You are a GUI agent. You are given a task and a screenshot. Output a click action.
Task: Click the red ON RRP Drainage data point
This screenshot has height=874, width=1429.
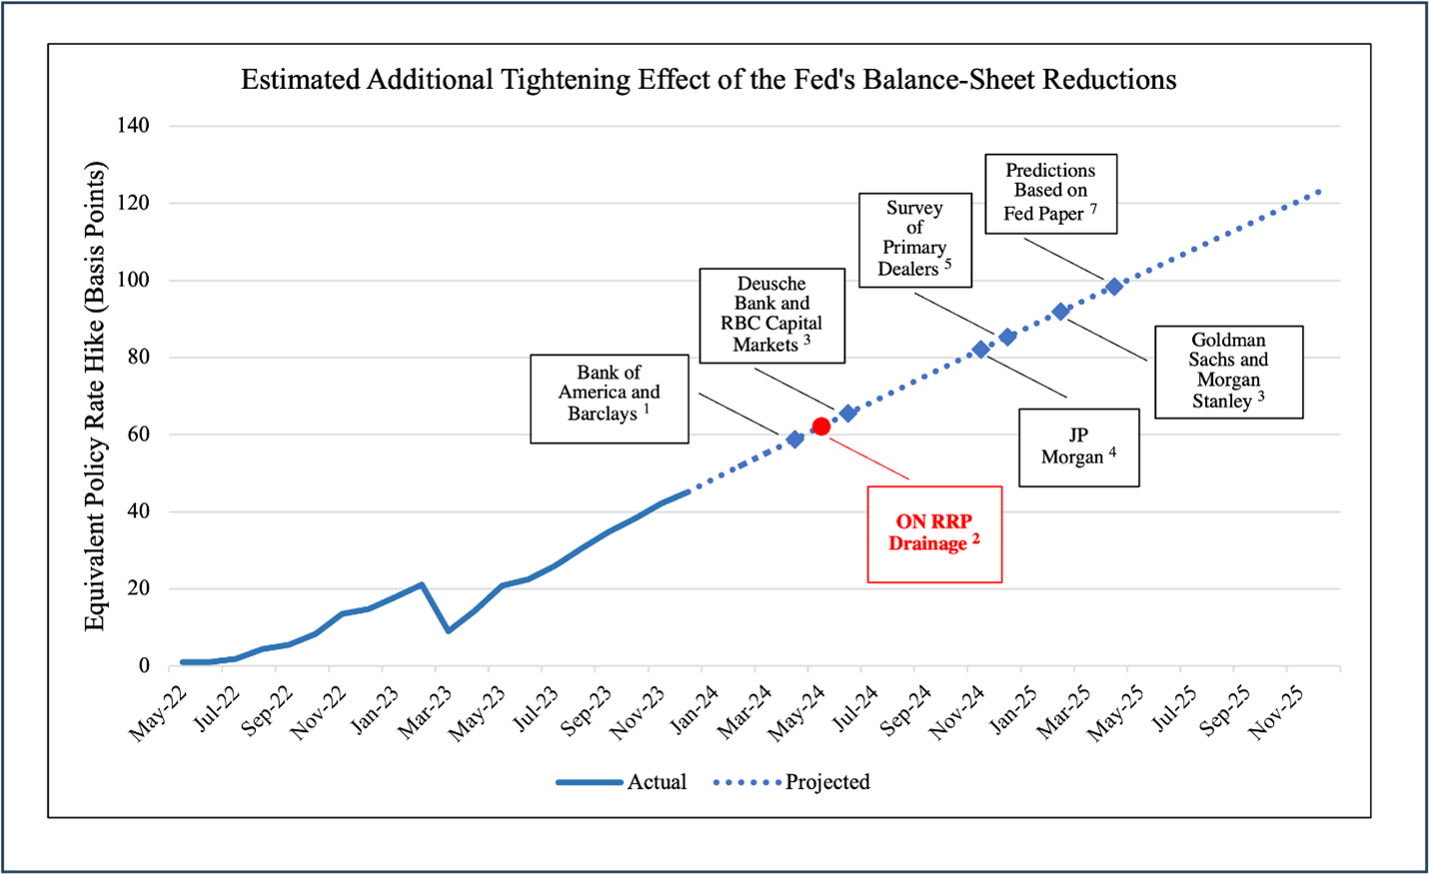click(x=821, y=427)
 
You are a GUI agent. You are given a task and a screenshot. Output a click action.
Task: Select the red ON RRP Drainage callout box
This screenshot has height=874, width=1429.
click(x=934, y=533)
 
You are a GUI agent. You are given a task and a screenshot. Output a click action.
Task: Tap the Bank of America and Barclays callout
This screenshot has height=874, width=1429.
click(x=609, y=398)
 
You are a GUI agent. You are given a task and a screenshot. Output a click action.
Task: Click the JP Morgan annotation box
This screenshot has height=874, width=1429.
click(x=1078, y=446)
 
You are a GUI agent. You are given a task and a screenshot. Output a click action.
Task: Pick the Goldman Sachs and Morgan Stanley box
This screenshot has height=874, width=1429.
click(x=1228, y=371)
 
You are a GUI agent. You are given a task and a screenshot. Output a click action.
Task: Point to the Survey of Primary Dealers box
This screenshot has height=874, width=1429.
click(x=914, y=240)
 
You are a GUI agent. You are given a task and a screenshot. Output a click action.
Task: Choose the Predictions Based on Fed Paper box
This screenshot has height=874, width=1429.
click(x=1050, y=193)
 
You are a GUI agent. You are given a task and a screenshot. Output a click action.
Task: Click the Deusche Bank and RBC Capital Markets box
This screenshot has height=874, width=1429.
click(x=771, y=314)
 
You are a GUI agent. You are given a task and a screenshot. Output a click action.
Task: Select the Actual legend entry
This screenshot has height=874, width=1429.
click(x=624, y=782)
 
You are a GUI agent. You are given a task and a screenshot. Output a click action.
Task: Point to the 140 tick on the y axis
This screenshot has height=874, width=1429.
click(x=133, y=126)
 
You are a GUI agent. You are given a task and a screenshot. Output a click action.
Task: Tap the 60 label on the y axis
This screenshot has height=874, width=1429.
click(x=138, y=435)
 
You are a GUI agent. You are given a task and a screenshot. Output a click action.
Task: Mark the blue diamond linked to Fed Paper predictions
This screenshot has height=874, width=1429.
click(x=1114, y=287)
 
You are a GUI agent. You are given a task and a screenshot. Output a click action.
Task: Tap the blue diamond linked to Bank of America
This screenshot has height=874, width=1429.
click(x=795, y=438)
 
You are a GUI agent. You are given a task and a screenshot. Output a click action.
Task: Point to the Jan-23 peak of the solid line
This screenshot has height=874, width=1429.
click(x=422, y=584)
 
